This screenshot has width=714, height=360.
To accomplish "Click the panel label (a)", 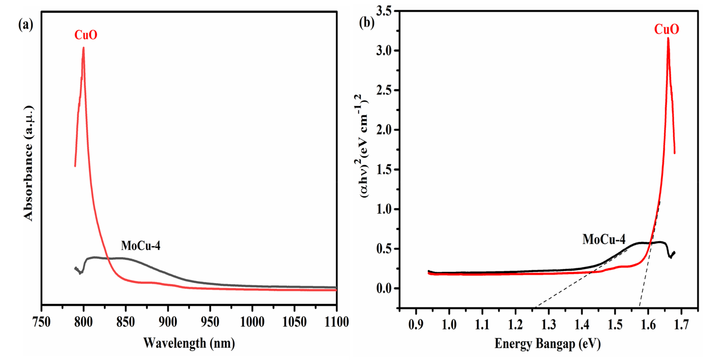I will click(x=25, y=25).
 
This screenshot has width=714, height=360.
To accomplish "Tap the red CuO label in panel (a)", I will click(x=86, y=35).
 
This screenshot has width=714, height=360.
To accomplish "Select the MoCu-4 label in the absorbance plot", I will click(x=141, y=246).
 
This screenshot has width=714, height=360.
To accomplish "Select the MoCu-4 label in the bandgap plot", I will click(x=604, y=239).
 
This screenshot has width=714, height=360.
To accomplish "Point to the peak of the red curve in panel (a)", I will click(x=83, y=48).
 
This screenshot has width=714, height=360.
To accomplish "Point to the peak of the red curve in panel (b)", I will click(x=668, y=38).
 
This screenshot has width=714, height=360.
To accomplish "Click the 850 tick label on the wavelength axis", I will click(x=125, y=322).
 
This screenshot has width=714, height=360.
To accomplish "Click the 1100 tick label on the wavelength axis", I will click(x=337, y=322).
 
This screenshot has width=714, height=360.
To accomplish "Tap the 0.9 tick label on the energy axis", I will click(x=416, y=324).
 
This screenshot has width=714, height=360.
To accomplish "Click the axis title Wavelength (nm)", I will click(x=189, y=343).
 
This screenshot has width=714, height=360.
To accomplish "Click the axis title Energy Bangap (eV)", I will click(x=547, y=344).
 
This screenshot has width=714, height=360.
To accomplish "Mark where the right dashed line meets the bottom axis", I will click(x=639, y=307).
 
